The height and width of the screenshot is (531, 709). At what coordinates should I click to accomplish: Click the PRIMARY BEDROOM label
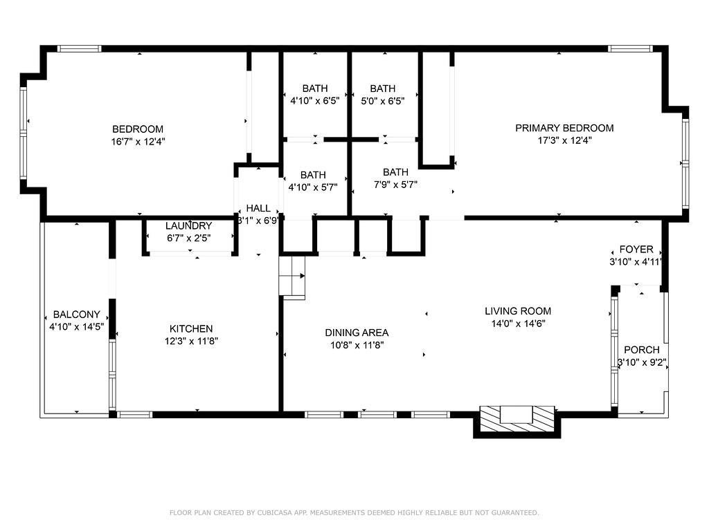point(564,128)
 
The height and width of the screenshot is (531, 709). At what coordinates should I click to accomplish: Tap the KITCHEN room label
point(191,328)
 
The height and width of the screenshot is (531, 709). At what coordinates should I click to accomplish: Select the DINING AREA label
point(357,333)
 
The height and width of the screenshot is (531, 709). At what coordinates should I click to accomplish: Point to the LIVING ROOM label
point(518,311)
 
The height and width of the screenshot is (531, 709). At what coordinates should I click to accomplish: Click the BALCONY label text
point(76,315)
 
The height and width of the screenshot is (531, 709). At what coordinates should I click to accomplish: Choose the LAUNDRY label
point(188,226)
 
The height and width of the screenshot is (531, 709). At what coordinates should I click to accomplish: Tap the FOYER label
point(636,249)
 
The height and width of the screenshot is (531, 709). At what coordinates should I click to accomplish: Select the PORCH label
point(642,350)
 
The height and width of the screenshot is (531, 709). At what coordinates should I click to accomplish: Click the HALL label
point(258,209)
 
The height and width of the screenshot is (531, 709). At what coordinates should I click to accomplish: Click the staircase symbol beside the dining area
point(292,275)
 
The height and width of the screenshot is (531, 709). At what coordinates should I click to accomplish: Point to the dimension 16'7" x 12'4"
point(138,142)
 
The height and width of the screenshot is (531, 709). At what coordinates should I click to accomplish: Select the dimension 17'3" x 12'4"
point(564,140)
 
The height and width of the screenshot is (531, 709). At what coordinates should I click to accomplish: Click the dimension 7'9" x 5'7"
point(395,185)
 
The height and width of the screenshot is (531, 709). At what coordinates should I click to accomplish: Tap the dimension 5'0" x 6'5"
point(382,101)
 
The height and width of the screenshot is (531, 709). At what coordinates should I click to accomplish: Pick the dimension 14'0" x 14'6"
point(518,324)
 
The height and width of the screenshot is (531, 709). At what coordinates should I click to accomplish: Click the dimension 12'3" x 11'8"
point(191,342)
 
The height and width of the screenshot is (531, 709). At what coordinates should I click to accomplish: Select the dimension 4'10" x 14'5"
point(76,327)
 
